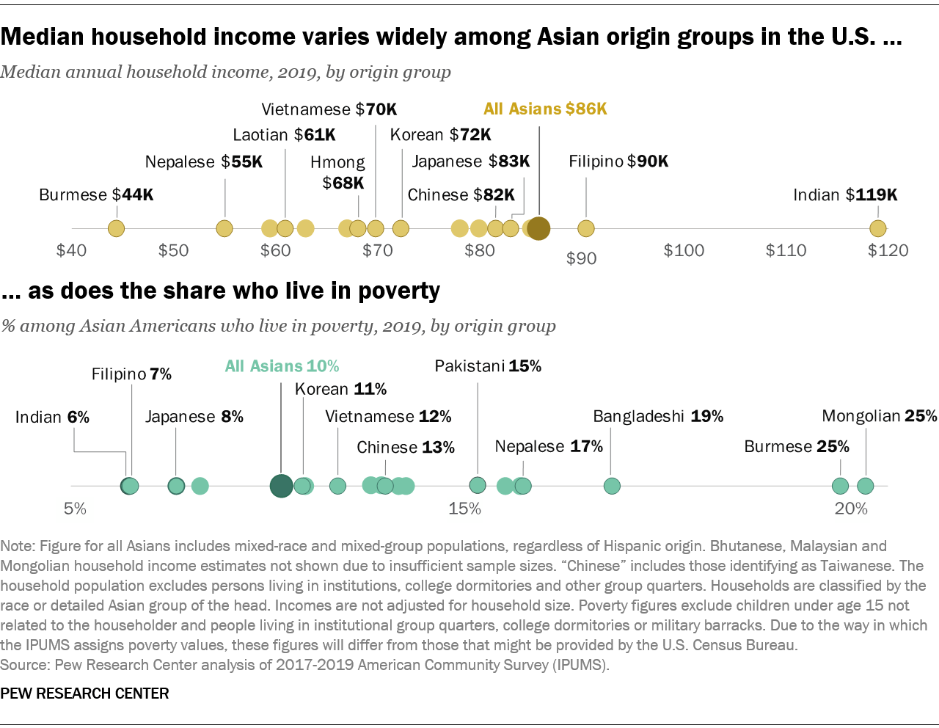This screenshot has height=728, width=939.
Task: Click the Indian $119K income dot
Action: click(x=877, y=228)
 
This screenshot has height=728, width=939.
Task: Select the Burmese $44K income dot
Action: click(x=116, y=228)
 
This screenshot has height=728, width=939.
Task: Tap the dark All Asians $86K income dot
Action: click(x=539, y=228)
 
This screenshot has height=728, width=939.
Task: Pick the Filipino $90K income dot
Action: click(x=585, y=228)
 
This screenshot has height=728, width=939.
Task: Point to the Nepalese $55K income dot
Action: click(x=224, y=228)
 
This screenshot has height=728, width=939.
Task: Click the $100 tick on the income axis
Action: click(x=684, y=250)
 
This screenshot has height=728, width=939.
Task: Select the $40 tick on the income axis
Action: click(x=71, y=250)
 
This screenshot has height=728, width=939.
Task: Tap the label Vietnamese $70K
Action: click(x=329, y=109)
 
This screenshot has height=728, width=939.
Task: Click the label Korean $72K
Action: click(x=440, y=135)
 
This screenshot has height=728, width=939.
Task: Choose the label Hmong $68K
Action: click(x=337, y=172)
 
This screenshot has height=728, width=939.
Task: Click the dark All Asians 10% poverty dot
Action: click(x=281, y=485)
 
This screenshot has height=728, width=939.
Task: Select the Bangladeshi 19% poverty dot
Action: click(x=612, y=485)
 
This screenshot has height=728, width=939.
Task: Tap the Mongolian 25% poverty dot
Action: click(x=865, y=485)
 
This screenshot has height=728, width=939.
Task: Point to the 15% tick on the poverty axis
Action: click(x=464, y=509)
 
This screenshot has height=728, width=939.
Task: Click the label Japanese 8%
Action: click(x=194, y=417)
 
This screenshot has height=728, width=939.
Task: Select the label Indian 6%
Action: click(x=52, y=417)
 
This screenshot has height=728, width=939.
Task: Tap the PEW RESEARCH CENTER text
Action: click(x=85, y=694)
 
